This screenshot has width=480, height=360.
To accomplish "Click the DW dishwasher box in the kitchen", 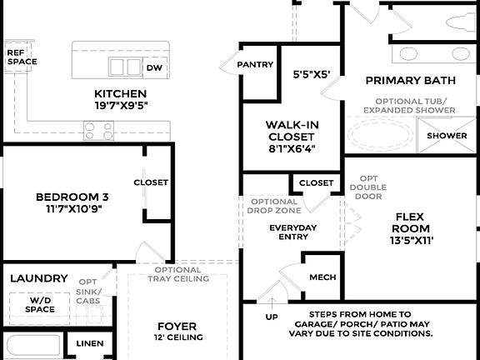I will click(154, 67).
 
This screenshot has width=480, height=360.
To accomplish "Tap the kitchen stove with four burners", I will click(98, 130).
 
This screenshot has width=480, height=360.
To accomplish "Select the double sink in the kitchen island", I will click(125, 67).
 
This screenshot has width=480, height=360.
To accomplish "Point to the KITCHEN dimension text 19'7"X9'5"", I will click(121, 106).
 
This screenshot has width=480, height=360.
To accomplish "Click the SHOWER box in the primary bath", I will click(447, 136).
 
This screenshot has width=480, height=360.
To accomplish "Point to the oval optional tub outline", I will click(380, 134).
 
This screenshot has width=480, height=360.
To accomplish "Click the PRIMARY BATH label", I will click(410, 81).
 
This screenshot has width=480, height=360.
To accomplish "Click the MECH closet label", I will click(322, 277).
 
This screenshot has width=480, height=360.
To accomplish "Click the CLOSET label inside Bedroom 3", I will click(151, 182).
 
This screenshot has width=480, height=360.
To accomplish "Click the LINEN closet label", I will click(90, 343).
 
